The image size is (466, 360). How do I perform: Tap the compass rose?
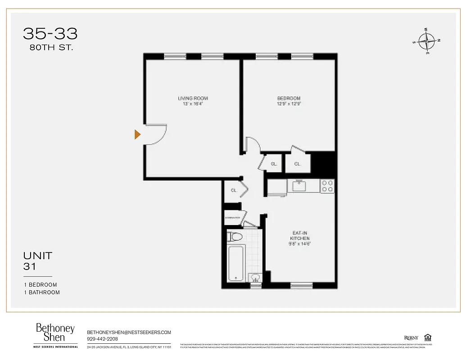(x=426, y=41)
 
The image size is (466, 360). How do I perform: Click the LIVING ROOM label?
(x=193, y=98)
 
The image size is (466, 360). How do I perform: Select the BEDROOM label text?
(x=289, y=98)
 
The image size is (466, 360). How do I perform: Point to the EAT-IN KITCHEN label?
(x=300, y=235)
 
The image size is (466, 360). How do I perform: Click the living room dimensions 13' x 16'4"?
(x=193, y=104)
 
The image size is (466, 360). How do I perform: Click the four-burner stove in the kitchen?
(x=328, y=186)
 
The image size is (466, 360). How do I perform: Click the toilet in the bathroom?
(x=235, y=236)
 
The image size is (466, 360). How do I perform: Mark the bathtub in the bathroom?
(x=236, y=263)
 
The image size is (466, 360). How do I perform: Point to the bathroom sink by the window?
(x=255, y=278)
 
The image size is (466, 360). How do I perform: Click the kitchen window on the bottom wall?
(x=301, y=285)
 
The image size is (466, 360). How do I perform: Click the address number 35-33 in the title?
(x=50, y=34)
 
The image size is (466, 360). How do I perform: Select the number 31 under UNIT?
(x=30, y=267)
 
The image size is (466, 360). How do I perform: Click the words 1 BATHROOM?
(x=42, y=292)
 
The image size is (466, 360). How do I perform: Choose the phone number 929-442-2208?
(x=102, y=339)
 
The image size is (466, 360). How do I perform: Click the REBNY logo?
(x=411, y=338)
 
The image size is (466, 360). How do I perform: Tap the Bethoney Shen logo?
(x=55, y=333)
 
